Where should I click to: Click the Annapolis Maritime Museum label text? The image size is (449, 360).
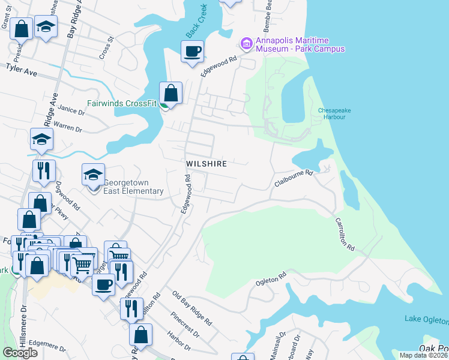[300, 44]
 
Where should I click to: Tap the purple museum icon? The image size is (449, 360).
[246, 43]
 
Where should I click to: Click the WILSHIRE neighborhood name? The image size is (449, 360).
[206, 164]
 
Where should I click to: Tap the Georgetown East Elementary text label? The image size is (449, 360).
[133, 187]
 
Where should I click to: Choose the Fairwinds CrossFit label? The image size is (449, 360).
[122, 103]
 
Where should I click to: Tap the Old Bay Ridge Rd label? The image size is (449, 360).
[192, 308]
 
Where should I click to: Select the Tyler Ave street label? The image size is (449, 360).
[22, 70]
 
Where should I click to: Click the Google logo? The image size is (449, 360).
[20, 352]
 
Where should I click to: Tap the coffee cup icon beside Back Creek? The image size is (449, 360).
[192, 52]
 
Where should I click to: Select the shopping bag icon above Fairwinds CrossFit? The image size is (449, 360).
[171, 94]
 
